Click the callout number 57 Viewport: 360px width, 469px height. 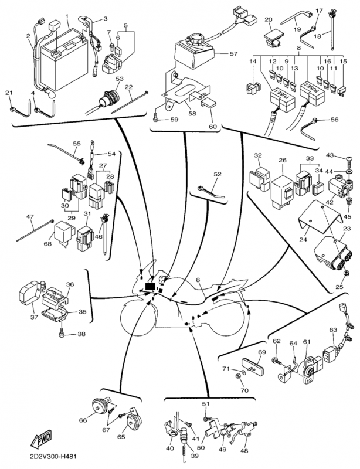click(233, 54)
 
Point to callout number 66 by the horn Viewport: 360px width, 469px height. click(83, 420)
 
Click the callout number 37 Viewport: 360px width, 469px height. click(34, 317)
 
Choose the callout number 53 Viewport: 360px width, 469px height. click(120, 78)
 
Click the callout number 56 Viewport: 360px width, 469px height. click(335, 120)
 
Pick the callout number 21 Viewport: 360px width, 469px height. click(9, 94)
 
